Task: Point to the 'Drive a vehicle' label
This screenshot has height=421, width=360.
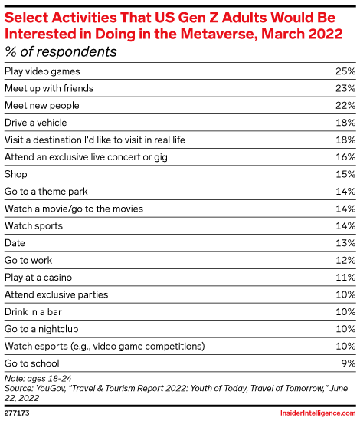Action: (35, 122)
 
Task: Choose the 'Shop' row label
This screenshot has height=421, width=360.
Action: (16, 173)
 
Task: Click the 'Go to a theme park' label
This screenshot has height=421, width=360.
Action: (45, 191)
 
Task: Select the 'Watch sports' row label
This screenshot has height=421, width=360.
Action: (34, 225)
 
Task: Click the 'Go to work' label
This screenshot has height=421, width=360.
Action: (30, 259)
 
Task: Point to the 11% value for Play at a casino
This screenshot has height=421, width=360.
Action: (345, 276)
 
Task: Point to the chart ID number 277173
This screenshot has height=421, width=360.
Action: (18, 413)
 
